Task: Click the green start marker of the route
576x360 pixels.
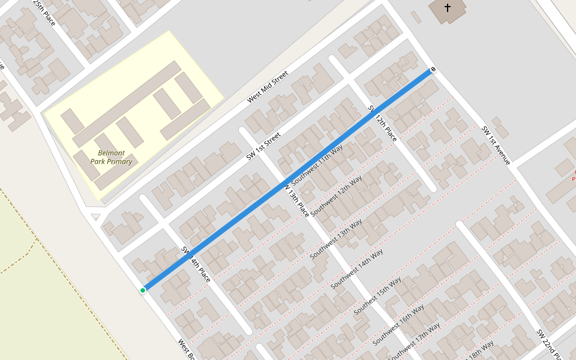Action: coord(143,290)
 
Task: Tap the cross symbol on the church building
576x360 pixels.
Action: coord(448,8)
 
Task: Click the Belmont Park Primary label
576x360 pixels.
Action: coord(111,157)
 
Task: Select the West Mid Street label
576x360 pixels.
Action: coord(268,86)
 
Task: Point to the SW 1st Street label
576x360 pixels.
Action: coord(263,147)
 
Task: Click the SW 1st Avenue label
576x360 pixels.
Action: coord(496,145)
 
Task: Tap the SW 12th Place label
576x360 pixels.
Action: coord(382,122)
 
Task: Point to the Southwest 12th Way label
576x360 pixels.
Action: coord(337,191)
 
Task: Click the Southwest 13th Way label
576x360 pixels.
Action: coord(336,238)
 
